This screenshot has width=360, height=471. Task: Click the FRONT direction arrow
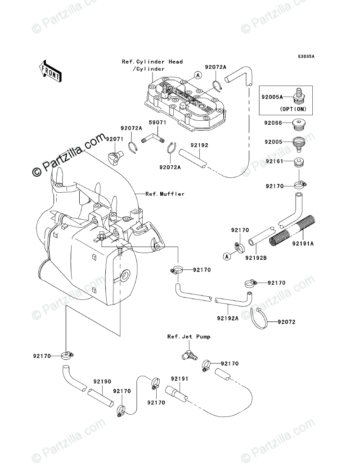point(50,71)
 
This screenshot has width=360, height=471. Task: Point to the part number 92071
point(114,139)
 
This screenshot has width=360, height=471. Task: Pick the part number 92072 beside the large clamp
point(286,322)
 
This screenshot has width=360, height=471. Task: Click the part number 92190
point(102,381)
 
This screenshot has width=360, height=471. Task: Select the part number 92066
point(274,122)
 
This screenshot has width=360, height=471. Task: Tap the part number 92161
point(274,161)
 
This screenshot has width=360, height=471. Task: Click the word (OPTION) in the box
point(293,109)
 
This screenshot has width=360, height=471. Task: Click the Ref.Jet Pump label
point(182,336)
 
